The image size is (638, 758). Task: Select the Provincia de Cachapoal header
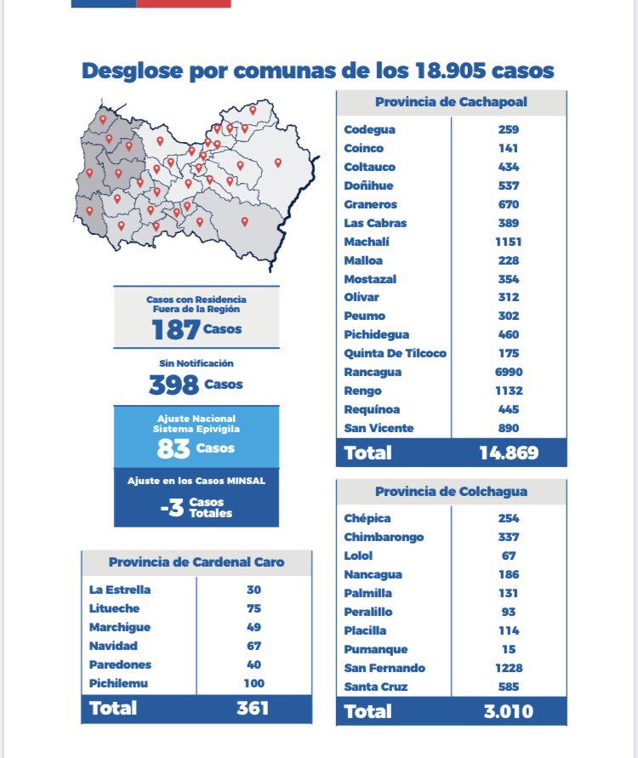click(451, 102)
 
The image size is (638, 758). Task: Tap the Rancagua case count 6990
click(509, 372)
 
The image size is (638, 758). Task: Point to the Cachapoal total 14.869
click(509, 453)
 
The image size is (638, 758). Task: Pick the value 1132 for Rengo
click(509, 390)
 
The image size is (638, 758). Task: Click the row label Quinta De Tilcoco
click(395, 353)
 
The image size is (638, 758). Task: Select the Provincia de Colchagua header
click(451, 491)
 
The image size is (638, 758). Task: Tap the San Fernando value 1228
click(509, 668)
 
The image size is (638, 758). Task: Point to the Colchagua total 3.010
click(509, 711)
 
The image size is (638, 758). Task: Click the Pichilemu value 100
click(253, 683)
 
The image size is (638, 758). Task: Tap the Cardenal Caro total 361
click(253, 708)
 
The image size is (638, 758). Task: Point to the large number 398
click(174, 385)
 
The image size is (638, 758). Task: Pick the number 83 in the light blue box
click(173, 448)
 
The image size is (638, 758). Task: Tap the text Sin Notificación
click(196, 363)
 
